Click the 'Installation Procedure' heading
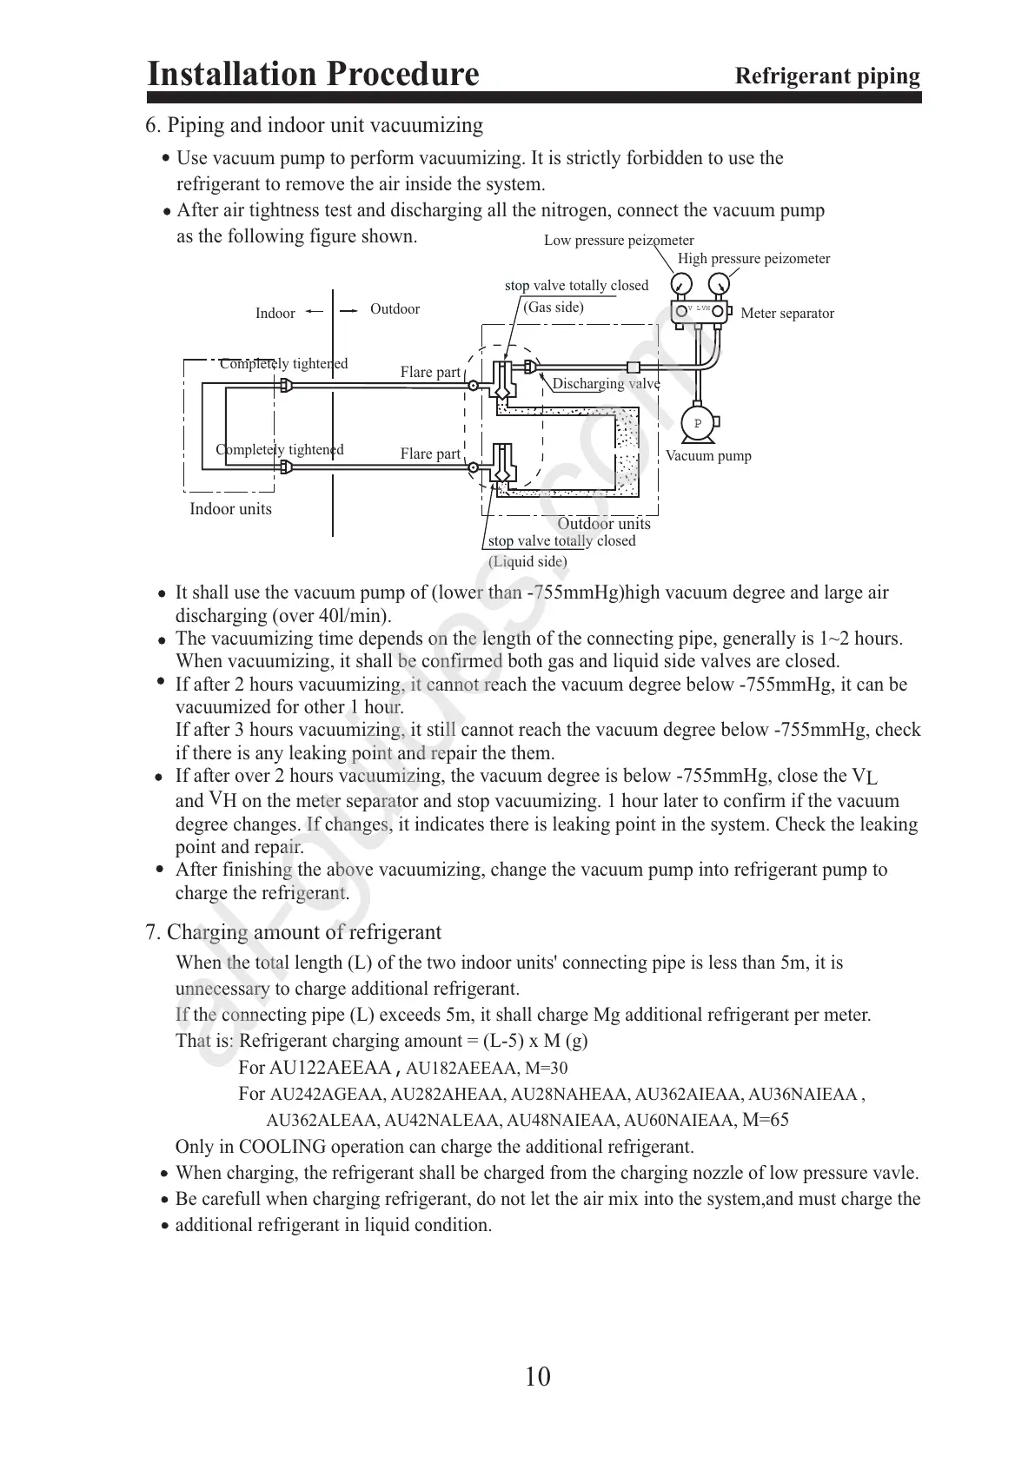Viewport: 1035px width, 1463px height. coord(313,74)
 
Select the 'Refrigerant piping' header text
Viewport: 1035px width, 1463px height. coord(827,76)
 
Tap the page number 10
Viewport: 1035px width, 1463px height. coord(538,1376)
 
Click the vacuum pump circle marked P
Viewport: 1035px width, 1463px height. coord(696,422)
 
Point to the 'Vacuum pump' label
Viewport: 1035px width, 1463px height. coord(708,456)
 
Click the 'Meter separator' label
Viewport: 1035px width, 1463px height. coord(786,314)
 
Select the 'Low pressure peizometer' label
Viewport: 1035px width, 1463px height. coord(619,241)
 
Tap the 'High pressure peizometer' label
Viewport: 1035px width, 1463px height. coord(753,259)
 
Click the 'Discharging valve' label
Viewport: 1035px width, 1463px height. coord(606,384)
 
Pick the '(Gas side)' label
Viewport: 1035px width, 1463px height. coord(554,308)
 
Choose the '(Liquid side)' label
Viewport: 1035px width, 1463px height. coord(527,562)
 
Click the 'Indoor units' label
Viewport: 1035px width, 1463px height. coord(230,509)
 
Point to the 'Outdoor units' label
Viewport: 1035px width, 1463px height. coord(603,524)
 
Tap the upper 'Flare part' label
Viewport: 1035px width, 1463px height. coord(430,373)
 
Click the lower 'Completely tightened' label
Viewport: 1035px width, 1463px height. coord(280,450)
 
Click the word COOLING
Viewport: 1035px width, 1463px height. coord(282,1147)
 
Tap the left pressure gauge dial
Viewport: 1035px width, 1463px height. coord(682,284)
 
